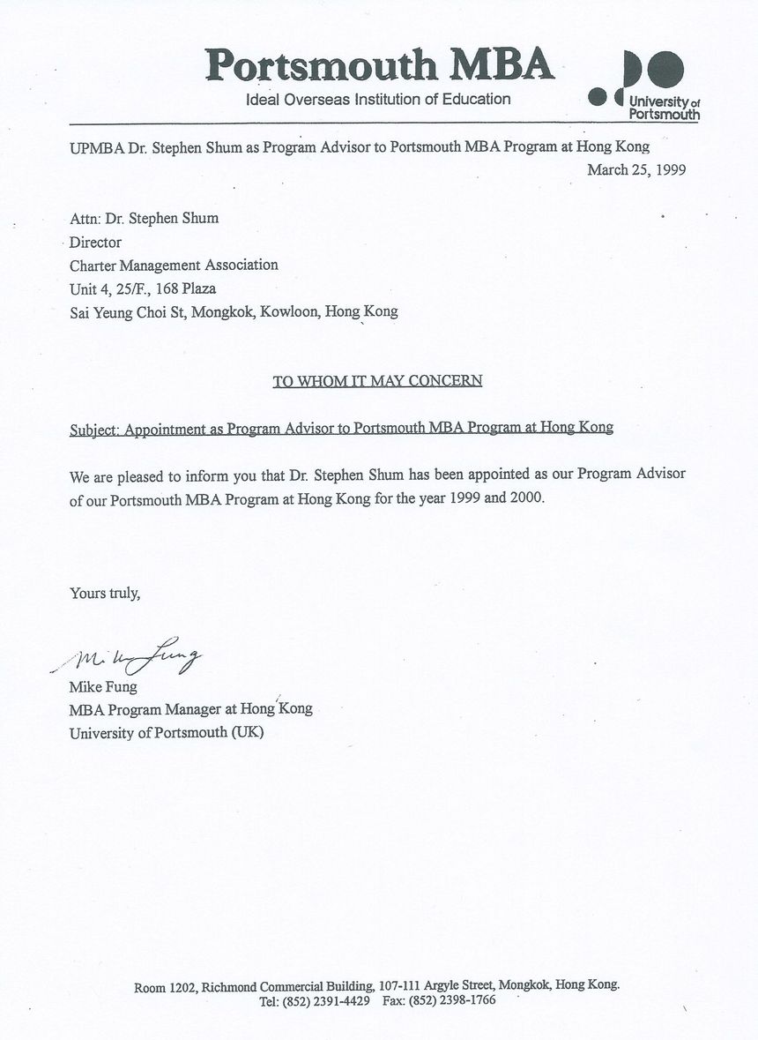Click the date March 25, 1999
[636, 170]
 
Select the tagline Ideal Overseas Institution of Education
[378, 100]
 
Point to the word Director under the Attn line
[95, 242]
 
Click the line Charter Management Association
[174, 265]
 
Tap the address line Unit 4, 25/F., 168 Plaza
[143, 288]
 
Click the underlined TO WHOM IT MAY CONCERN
[377, 381]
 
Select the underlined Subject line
[341, 429]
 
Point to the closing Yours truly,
[105, 593]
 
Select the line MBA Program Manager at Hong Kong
[190, 708]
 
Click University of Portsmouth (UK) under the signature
[167, 732]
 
